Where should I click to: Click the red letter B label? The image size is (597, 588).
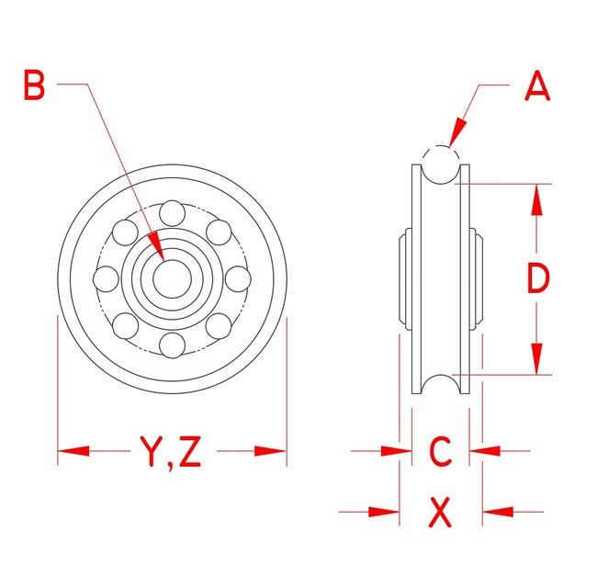click(x=34, y=85)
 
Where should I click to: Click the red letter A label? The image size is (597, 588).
click(x=537, y=85)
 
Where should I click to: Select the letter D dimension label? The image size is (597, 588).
click(x=538, y=278)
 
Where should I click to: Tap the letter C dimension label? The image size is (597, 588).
click(x=441, y=451)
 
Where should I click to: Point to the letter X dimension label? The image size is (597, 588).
click(x=441, y=513)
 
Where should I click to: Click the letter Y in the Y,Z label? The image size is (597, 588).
click(x=152, y=452)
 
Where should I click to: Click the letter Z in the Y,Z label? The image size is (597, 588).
click(x=189, y=452)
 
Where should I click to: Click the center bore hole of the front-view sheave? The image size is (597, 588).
click(x=172, y=278)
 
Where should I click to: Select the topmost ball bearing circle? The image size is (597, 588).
click(x=172, y=213)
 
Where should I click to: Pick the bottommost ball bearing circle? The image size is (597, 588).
click(x=172, y=345)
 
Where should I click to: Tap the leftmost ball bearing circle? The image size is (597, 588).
click(x=106, y=279)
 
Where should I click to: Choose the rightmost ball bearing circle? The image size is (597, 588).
click(x=238, y=279)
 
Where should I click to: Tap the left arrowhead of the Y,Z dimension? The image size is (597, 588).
click(x=73, y=451)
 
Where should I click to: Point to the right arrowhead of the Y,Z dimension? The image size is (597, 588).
click(x=270, y=451)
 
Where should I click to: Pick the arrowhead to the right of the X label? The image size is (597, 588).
click(x=498, y=512)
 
